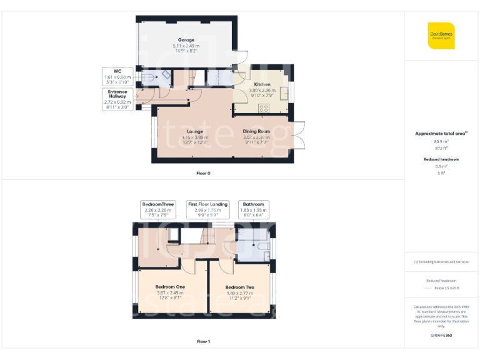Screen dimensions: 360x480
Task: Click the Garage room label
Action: coord(186,40)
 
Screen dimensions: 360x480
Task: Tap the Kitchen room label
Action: coord(262,84)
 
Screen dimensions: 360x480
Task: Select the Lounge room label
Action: coord(194,131)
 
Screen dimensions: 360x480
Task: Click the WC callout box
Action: coord(117,76)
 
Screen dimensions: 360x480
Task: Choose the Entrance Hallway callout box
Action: coord(119,99)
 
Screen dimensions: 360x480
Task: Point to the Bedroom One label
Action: coord(171,287)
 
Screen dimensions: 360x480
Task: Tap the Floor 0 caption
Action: coord(203,173)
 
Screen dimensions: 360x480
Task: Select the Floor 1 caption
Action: coord(203,341)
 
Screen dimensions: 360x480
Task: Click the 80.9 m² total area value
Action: coord(441,142)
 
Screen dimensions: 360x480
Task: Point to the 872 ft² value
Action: coord(441,149)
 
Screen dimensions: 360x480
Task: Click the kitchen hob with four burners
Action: coord(263,107)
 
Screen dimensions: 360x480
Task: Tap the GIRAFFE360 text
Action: coord(441,336)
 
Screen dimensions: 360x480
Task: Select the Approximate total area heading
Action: coord(441,133)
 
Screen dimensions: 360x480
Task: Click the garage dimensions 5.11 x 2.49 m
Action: coord(186,46)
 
